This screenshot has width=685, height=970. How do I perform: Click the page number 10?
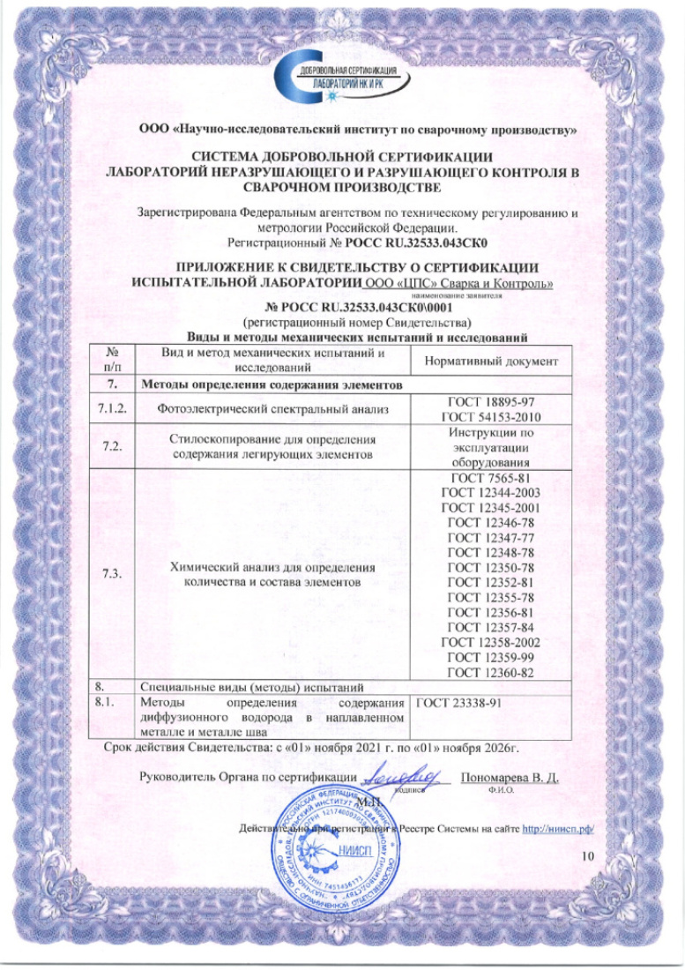(589, 856)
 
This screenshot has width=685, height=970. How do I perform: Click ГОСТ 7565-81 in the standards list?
(488, 479)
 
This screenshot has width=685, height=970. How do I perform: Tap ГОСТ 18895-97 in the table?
(488, 401)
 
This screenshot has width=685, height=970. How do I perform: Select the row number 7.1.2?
(111, 408)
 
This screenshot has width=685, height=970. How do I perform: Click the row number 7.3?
(111, 574)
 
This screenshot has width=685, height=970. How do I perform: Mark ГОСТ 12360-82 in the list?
(488, 674)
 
